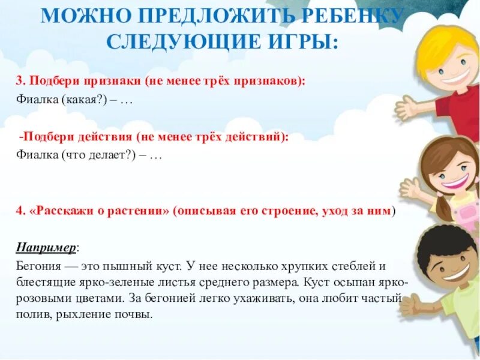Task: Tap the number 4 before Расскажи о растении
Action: [x=19, y=211]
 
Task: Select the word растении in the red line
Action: [x=144, y=211]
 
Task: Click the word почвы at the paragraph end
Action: [x=136, y=314]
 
